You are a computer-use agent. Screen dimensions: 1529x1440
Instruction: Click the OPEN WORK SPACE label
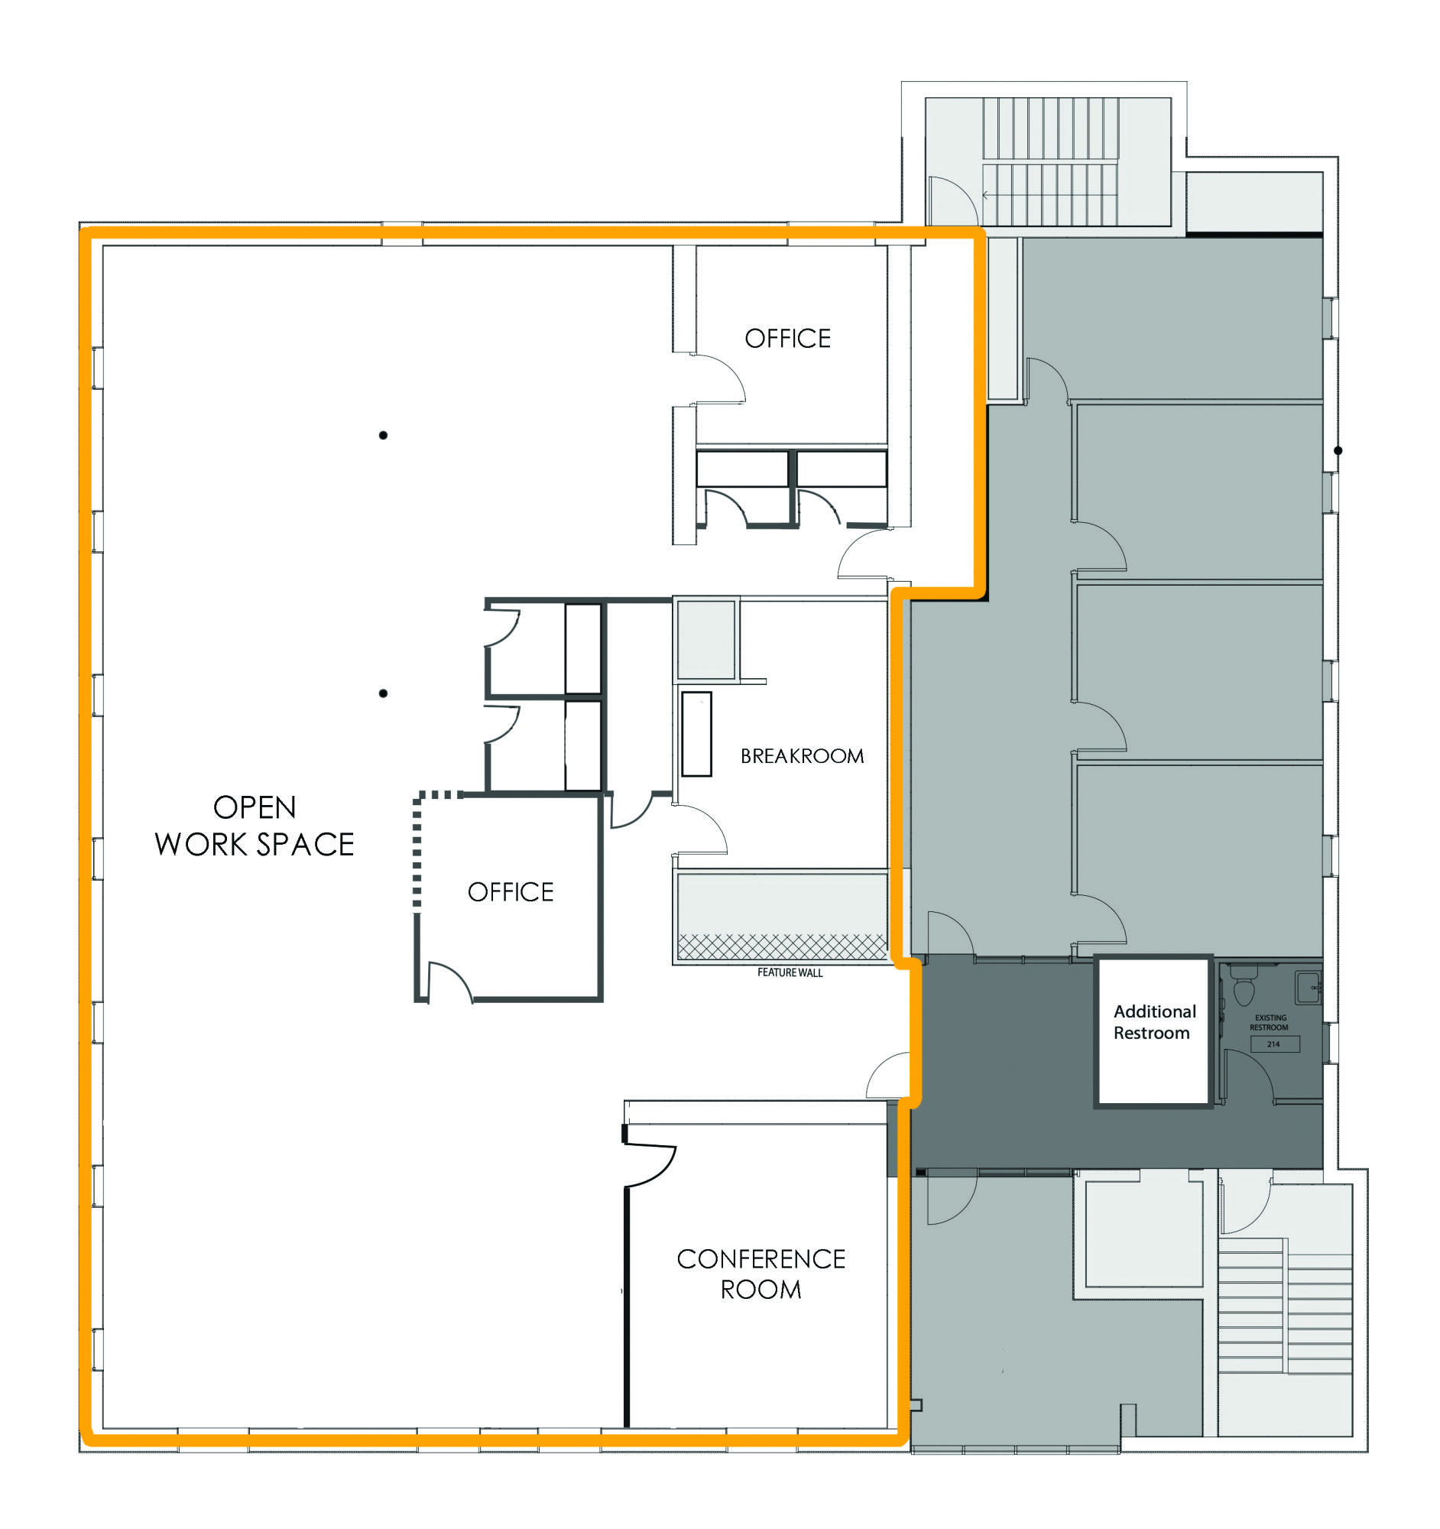tap(255, 825)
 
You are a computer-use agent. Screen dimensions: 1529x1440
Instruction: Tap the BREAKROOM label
tap(802, 756)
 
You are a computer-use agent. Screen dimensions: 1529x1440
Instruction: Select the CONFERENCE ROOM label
tap(761, 1274)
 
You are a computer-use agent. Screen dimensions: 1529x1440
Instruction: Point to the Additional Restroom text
tap(1154, 1022)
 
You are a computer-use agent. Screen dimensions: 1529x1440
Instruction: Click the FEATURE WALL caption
tap(790, 973)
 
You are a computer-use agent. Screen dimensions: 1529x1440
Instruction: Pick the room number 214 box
tap(1273, 1044)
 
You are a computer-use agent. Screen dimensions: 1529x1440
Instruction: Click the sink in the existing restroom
tap(1308, 987)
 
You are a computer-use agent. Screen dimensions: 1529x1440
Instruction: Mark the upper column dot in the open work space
tap(383, 435)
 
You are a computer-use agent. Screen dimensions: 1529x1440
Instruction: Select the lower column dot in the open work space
tap(383, 693)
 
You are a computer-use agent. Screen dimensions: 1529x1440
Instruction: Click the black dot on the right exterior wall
tap(1338, 451)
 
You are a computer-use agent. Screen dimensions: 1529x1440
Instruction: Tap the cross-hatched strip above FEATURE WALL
tap(781, 946)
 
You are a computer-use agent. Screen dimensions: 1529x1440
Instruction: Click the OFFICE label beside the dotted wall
tap(511, 892)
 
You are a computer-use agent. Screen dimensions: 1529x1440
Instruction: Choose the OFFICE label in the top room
tap(787, 339)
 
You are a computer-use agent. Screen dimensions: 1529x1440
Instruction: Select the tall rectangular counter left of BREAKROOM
tap(696, 734)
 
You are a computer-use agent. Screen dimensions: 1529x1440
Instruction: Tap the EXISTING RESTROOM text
tap(1270, 1022)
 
